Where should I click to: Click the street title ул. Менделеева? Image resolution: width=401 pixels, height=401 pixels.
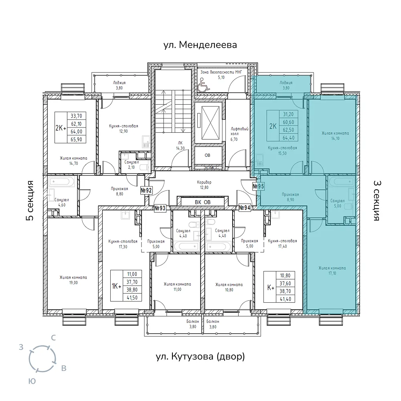click(200, 45)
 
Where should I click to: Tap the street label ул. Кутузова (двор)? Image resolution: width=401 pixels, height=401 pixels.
click(200, 356)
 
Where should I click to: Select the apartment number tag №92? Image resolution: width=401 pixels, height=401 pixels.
click(146, 190)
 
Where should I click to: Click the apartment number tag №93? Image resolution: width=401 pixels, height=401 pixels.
click(160, 208)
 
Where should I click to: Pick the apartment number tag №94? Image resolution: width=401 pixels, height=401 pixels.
click(245, 208)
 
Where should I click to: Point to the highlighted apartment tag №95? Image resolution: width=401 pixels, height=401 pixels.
click(258, 186)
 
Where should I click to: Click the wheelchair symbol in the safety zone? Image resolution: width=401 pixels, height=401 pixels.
click(204, 84)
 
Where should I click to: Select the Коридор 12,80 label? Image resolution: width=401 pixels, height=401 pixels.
click(204, 185)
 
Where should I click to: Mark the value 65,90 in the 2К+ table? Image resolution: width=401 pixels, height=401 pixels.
click(76, 140)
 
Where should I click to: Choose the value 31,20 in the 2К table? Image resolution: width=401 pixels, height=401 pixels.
click(288, 114)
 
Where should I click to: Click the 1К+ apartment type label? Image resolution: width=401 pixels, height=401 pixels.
click(116, 286)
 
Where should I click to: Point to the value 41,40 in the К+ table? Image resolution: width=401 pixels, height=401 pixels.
click(286, 299)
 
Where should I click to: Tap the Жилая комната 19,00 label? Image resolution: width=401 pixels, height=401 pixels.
click(73, 280)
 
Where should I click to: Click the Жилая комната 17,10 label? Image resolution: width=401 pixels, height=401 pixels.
click(332, 271)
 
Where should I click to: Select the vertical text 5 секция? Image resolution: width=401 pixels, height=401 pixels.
click(30, 200)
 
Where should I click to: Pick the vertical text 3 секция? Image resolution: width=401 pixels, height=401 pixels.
click(377, 200)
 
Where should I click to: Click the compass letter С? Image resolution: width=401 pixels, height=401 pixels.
click(53, 338)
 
